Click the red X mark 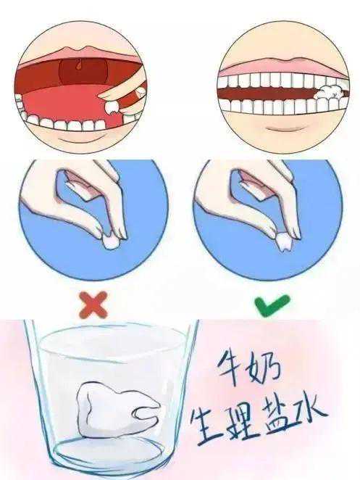coord(93,304)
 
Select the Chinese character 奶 coord(265,369)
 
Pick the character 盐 coord(275,415)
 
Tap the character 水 coord(309,412)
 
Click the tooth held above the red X coord(110,242)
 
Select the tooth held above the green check coord(285,243)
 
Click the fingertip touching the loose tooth coord(105,96)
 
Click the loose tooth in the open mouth coord(112,107)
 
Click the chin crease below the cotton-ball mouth coord(283,128)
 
